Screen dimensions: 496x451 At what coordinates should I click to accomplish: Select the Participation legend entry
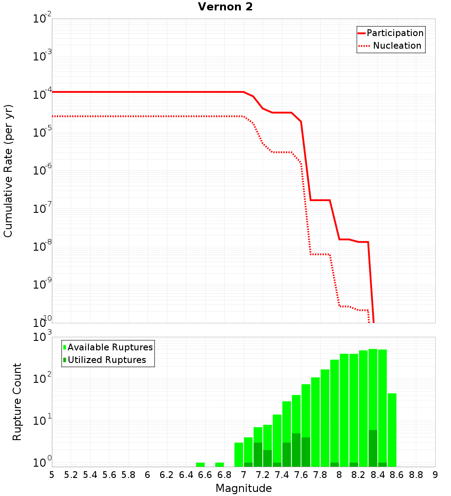(395, 33)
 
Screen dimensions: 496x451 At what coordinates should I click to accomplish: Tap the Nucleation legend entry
(397, 46)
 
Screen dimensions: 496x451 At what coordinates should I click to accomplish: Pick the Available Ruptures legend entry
(110, 347)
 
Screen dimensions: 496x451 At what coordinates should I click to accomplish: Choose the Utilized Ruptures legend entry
(106, 360)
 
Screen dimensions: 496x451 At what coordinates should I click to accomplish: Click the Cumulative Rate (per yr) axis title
(8, 170)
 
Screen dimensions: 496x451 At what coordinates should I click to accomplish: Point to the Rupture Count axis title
(17, 401)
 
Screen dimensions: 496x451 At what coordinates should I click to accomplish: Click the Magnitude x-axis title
(244, 488)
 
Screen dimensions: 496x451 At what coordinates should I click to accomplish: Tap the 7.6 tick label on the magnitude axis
(301, 475)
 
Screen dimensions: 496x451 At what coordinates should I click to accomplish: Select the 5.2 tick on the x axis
(71, 475)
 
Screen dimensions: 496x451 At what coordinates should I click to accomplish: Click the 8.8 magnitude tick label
(416, 475)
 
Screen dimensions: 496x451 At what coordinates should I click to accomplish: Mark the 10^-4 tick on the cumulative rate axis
(41, 94)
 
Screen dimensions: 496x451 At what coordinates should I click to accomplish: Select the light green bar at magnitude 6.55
(200, 464)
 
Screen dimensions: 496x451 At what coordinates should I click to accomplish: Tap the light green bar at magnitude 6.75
(220, 464)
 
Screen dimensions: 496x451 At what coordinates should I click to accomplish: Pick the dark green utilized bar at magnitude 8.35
(373, 448)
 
